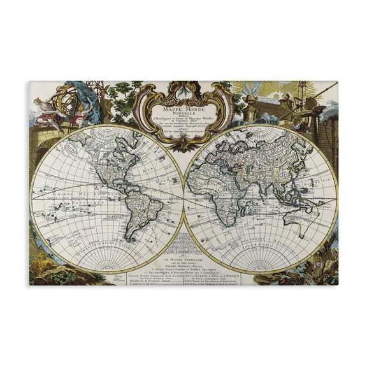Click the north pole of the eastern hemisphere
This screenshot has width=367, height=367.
(261, 126)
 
